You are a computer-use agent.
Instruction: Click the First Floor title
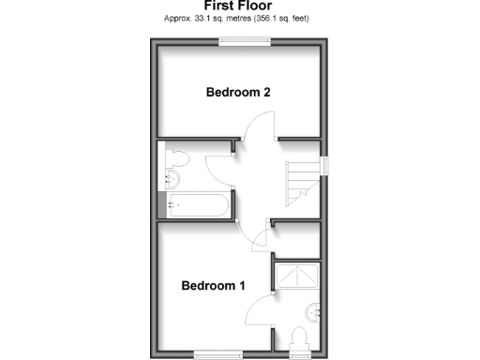240,6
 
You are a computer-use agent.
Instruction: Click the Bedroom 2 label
238,92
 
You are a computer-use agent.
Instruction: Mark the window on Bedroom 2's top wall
245,39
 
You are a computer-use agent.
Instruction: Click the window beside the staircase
324,165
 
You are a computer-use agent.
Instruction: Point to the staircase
302,178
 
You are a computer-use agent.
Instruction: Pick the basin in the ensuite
313,311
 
